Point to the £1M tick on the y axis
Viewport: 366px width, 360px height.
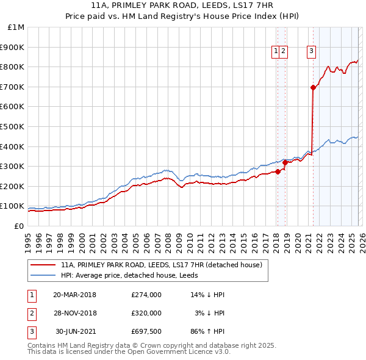[16, 27]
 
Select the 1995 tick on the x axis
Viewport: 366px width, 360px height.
[28, 239]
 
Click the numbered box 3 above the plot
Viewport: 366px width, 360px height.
[311, 52]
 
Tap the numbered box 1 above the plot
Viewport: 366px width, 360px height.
[276, 52]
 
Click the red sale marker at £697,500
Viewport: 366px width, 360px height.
[313, 87]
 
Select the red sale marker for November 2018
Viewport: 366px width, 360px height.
[285, 162]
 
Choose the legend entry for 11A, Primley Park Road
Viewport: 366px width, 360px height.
[161, 265]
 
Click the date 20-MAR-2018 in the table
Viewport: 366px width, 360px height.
[74, 294]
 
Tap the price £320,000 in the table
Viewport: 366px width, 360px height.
[146, 312]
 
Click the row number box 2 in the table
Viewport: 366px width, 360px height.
[31, 312]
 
